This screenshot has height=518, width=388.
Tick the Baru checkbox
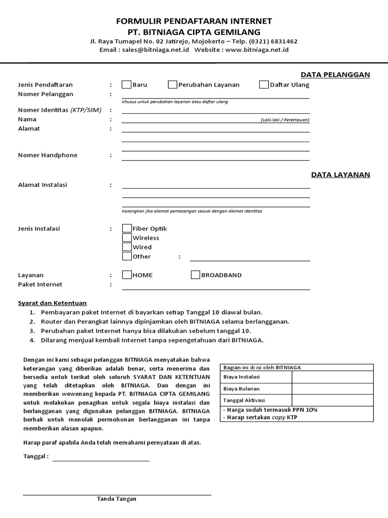(x=127, y=84)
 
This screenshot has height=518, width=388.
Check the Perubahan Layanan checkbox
(x=173, y=84)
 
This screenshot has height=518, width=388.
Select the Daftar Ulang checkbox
(x=264, y=84)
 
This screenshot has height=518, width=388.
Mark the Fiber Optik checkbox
(x=127, y=229)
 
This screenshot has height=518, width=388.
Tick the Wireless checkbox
(x=127, y=238)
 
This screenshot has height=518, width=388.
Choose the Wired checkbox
(x=127, y=247)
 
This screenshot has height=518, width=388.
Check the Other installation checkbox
(x=127, y=256)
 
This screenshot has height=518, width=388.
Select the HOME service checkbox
(x=127, y=275)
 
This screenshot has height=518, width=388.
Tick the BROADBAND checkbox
(x=196, y=275)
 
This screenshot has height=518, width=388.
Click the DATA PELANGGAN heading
(x=335, y=75)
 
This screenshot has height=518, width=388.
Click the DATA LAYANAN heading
(x=341, y=175)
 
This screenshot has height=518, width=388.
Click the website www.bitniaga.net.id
(x=257, y=50)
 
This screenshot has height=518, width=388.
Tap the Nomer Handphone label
(x=48, y=155)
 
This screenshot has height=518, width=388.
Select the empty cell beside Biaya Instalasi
(x=332, y=377)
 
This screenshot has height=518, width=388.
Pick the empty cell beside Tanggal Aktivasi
(x=332, y=400)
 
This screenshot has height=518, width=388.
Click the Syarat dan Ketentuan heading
(x=53, y=303)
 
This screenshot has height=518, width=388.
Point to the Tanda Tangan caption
(x=117, y=499)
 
